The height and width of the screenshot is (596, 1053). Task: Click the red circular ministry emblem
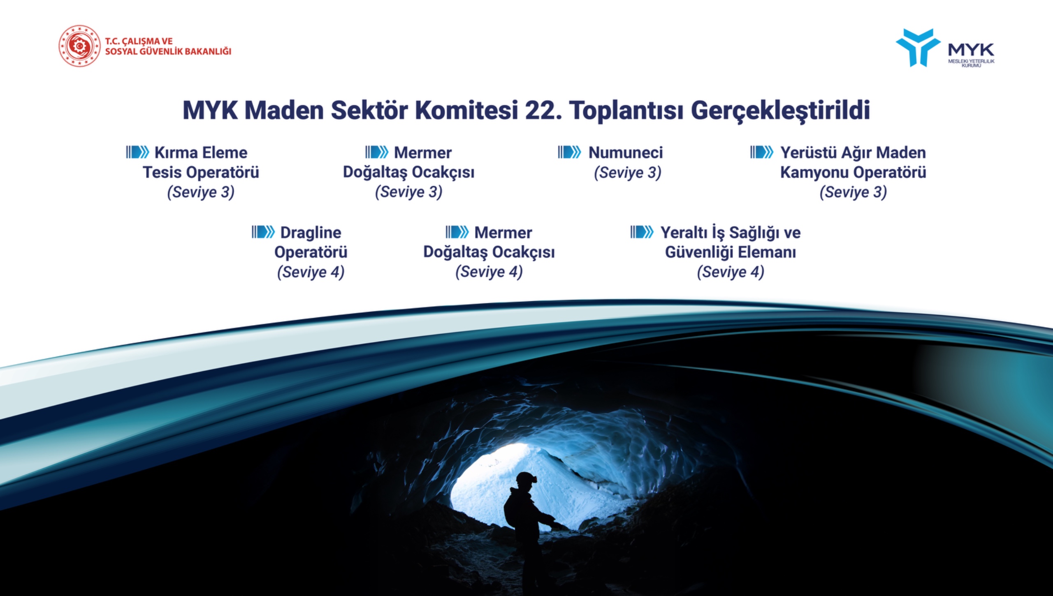point(79,46)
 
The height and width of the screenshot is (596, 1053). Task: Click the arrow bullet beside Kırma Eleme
point(137,152)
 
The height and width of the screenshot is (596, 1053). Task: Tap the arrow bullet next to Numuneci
point(569,152)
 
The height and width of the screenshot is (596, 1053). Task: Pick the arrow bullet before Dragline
point(263,232)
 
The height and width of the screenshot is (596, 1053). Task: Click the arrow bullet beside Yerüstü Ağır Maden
point(761,152)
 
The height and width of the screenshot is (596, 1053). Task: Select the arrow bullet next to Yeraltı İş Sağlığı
point(642,232)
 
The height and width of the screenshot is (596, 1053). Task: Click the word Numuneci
point(626,152)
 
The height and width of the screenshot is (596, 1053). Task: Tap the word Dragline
point(311,233)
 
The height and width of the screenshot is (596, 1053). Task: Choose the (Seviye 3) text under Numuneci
point(627,173)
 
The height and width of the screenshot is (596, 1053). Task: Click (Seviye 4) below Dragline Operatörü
point(311,272)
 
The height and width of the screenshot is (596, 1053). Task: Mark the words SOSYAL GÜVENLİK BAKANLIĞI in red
point(168,51)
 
